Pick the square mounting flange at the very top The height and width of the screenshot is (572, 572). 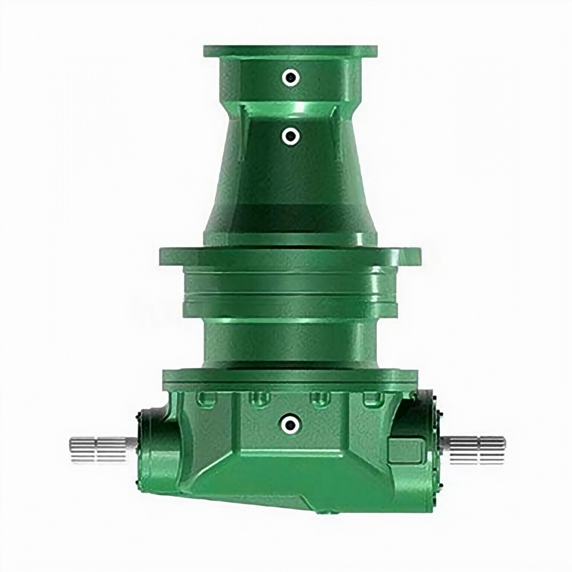click(x=290, y=51)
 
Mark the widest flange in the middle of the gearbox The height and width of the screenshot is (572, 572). click(x=290, y=256)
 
